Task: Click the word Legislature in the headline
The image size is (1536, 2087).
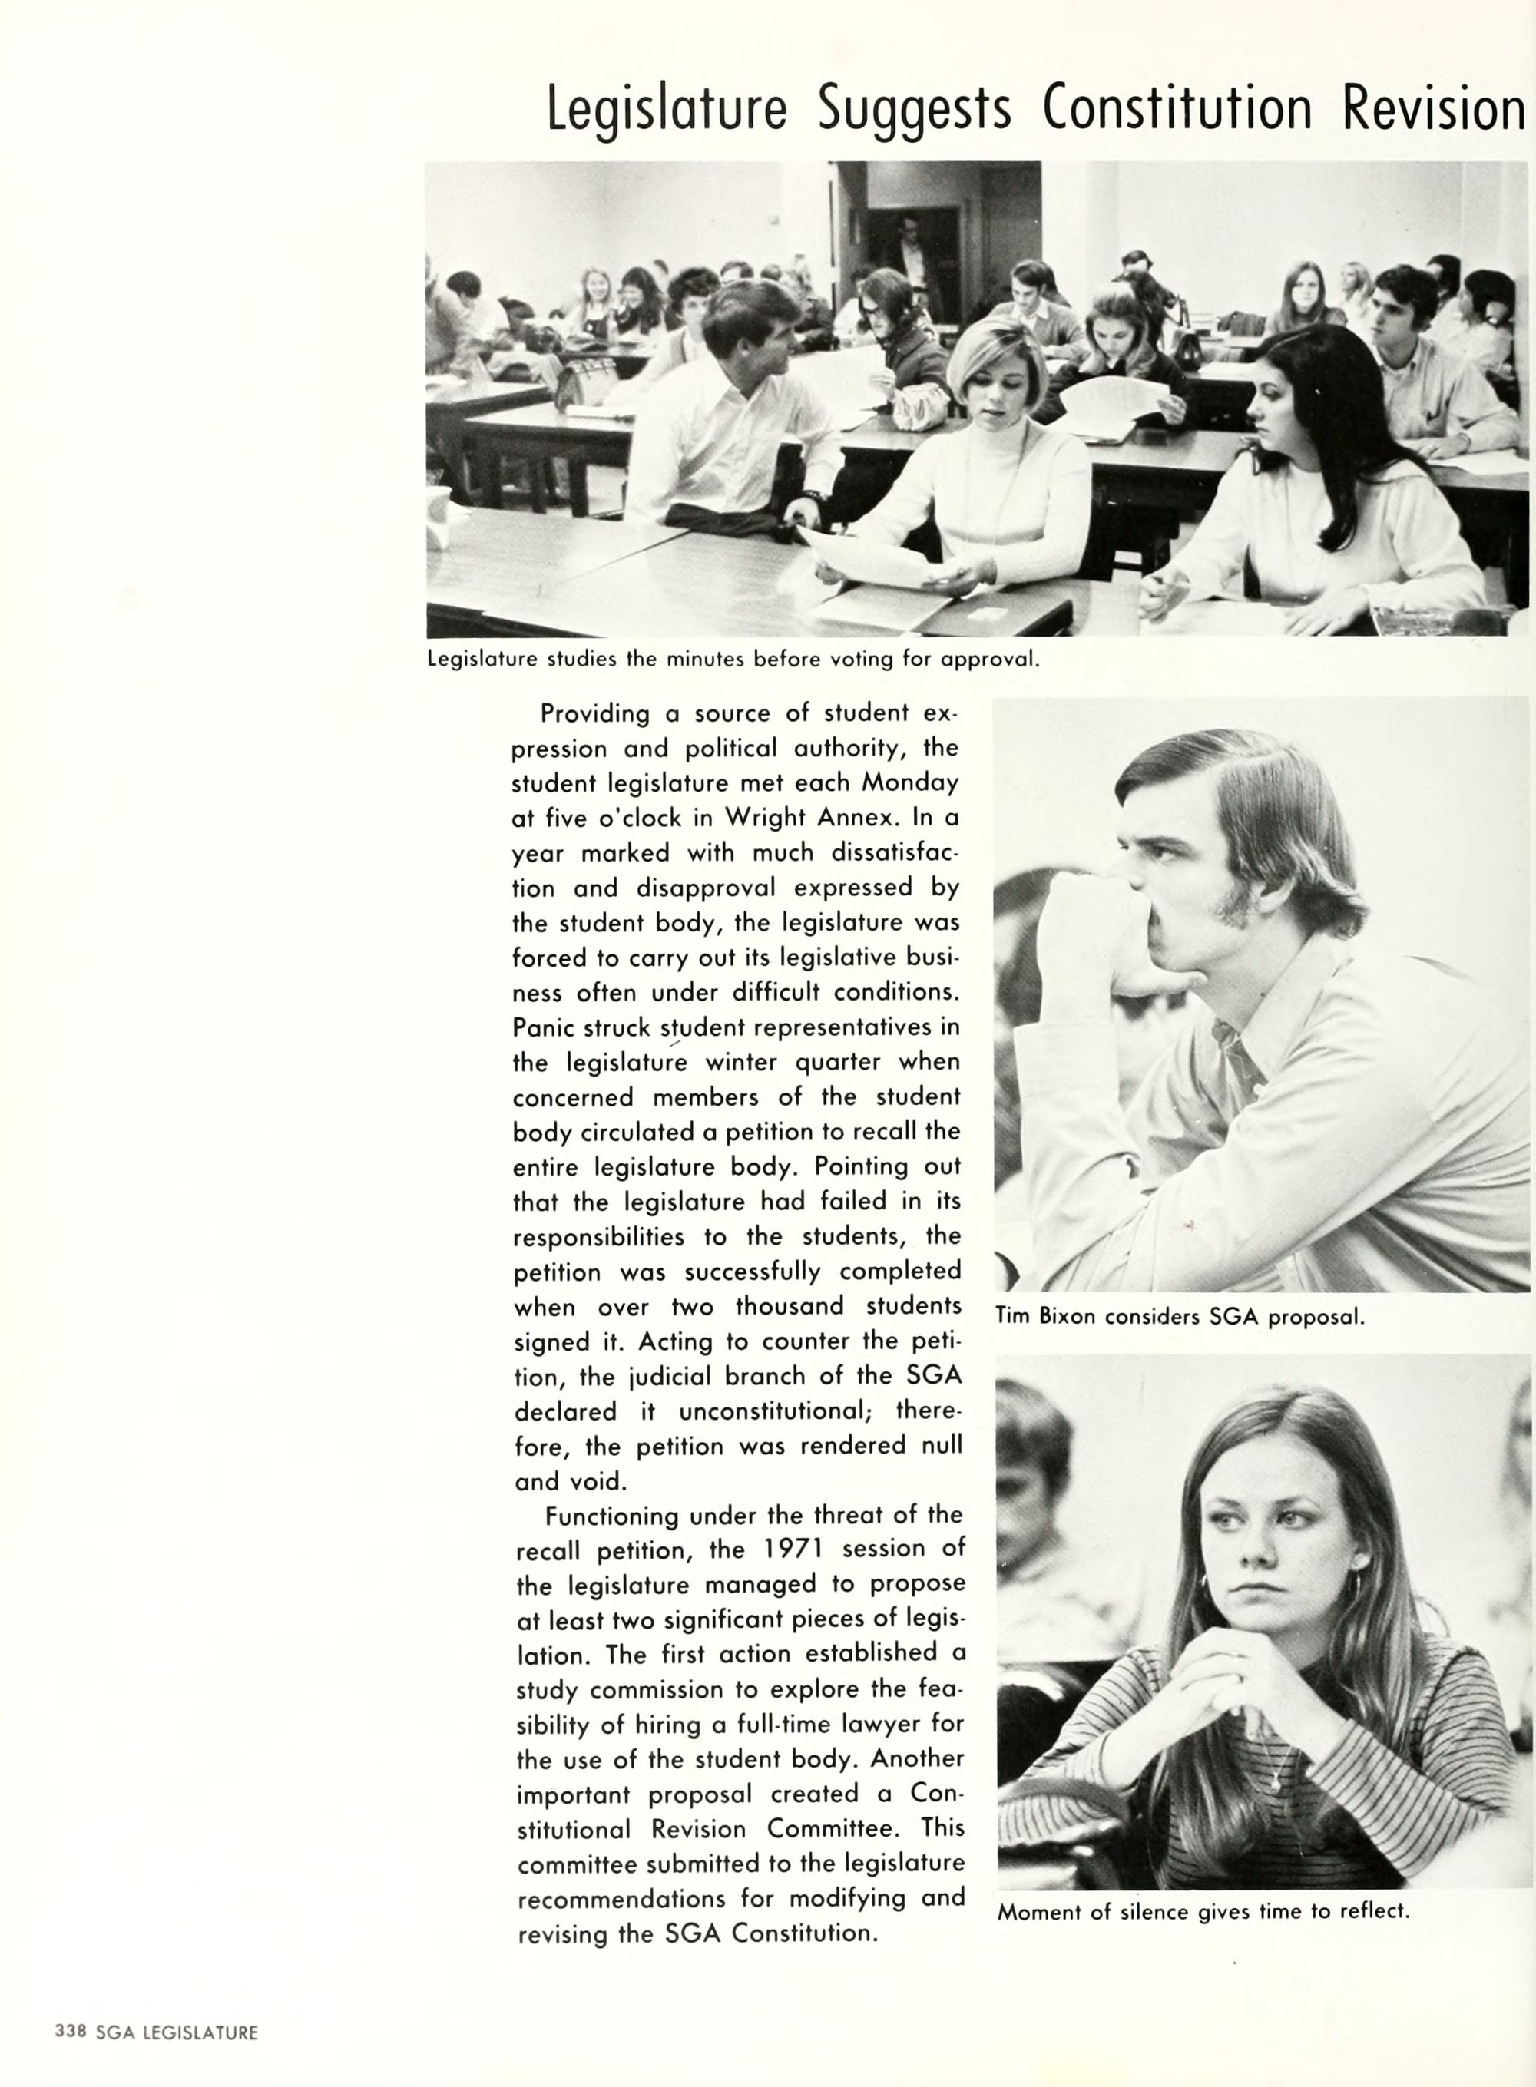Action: point(666,110)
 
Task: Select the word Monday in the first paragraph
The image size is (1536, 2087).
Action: point(909,782)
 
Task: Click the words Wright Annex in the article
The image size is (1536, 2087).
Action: point(805,818)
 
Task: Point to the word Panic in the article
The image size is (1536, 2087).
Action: point(544,1027)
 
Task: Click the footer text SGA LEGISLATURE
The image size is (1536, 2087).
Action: point(177,2032)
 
